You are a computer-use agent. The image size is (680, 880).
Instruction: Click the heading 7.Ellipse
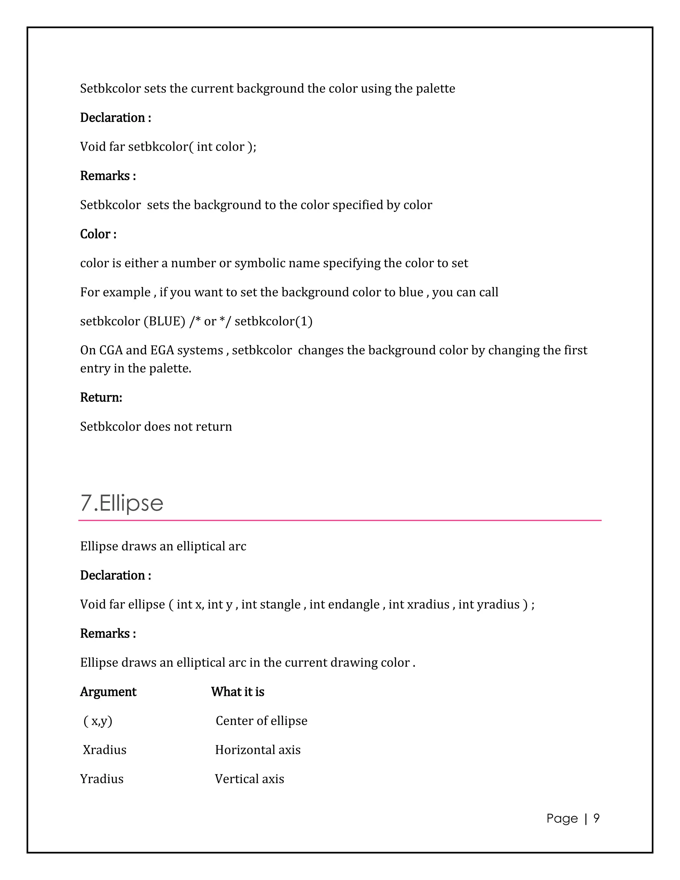tap(122, 503)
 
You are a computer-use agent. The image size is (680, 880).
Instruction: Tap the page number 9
tap(596, 818)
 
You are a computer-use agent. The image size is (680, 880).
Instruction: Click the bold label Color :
tap(98, 234)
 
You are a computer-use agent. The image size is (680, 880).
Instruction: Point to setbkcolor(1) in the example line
tap(274, 321)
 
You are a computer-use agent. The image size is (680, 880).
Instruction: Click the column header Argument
tap(108, 692)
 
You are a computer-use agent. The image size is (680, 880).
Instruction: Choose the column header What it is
tap(238, 692)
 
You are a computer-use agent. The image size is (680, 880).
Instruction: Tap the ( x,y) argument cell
tap(98, 721)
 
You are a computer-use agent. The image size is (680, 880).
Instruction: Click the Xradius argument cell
tap(105, 750)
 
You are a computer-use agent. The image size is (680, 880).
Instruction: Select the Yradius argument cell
tap(102, 779)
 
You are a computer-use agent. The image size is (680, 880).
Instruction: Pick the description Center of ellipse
tap(261, 721)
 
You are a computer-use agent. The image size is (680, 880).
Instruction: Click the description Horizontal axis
tap(258, 750)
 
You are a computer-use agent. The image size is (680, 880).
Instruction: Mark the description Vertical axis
tap(249, 779)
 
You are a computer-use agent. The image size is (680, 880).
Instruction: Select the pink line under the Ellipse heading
tap(340, 520)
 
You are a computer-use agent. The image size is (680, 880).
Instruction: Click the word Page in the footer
tap(562, 818)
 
